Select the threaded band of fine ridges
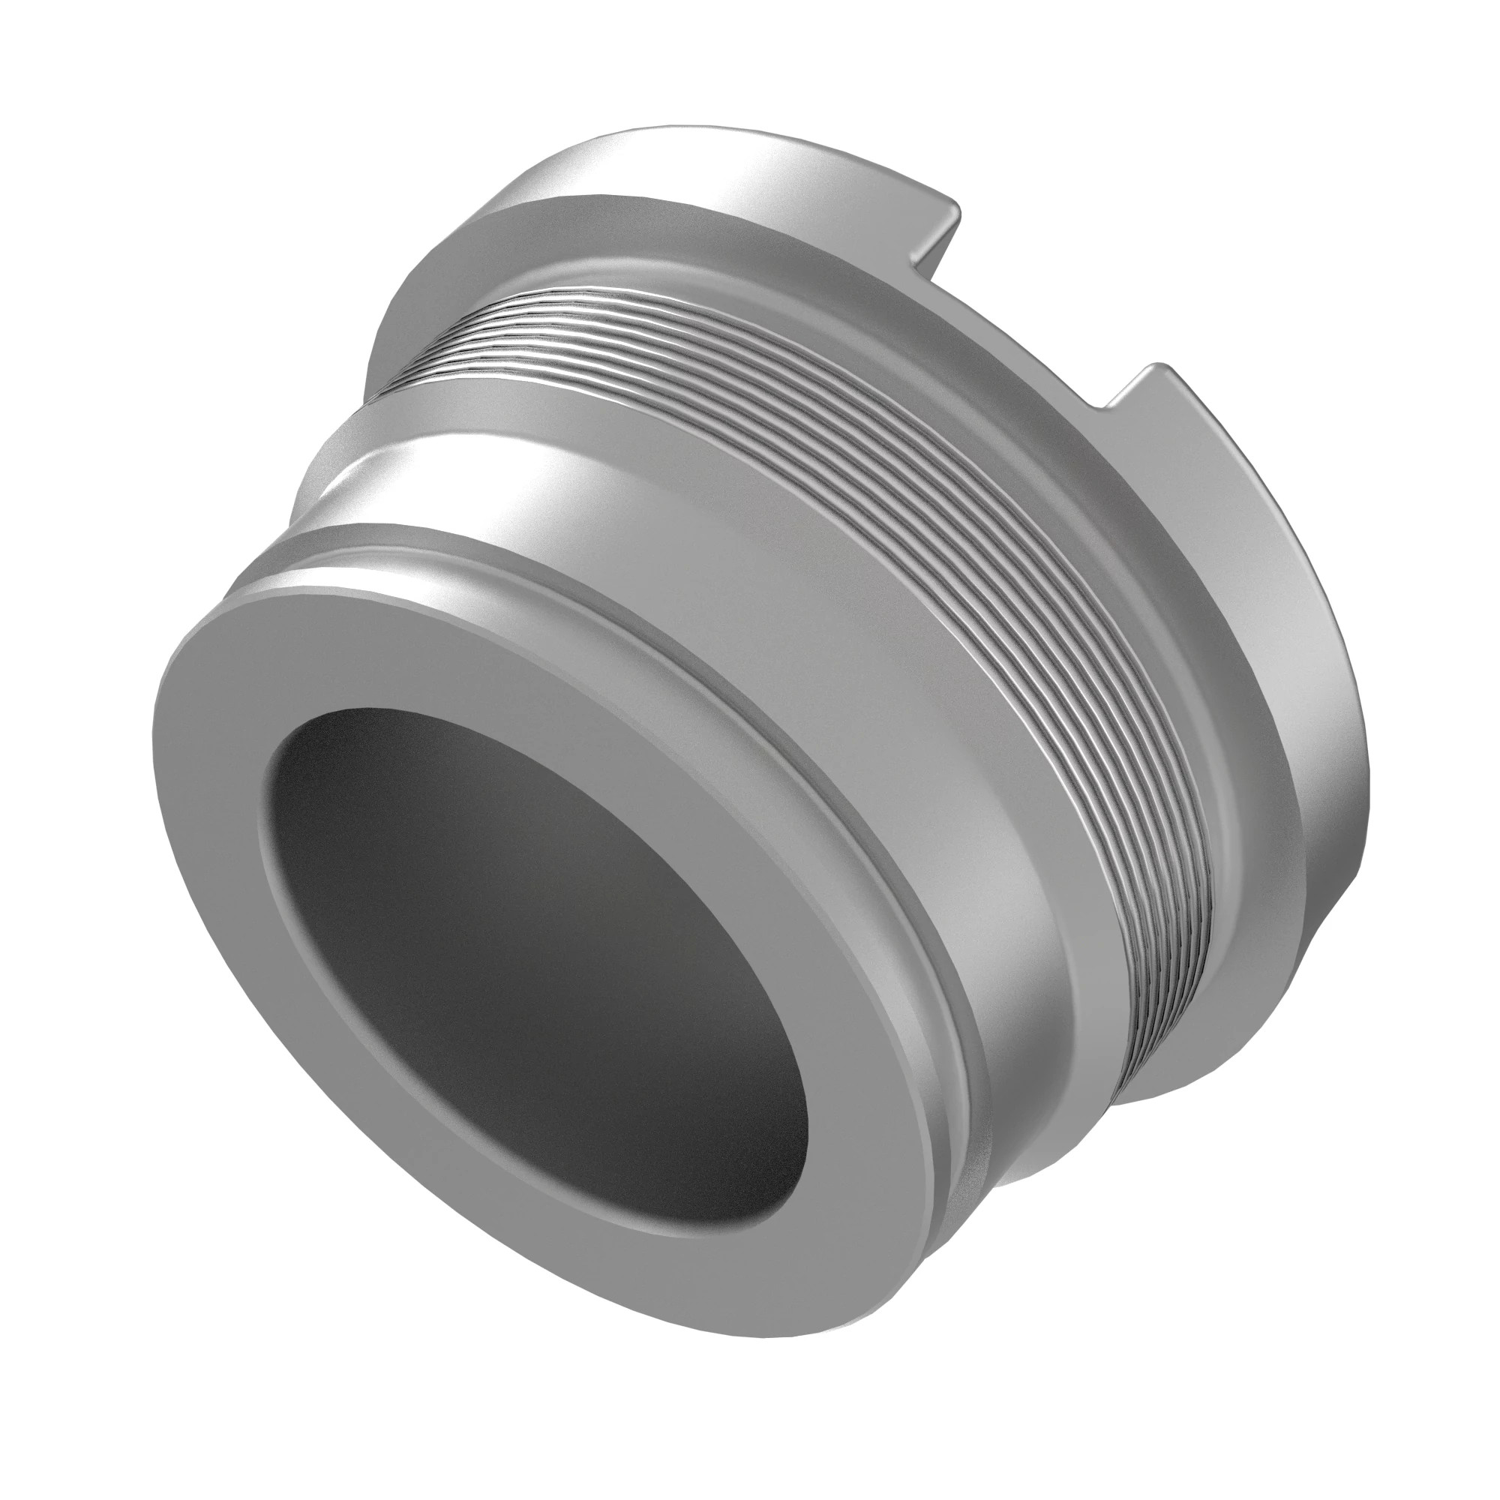coord(892,497)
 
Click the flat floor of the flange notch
coord(1033,326)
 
